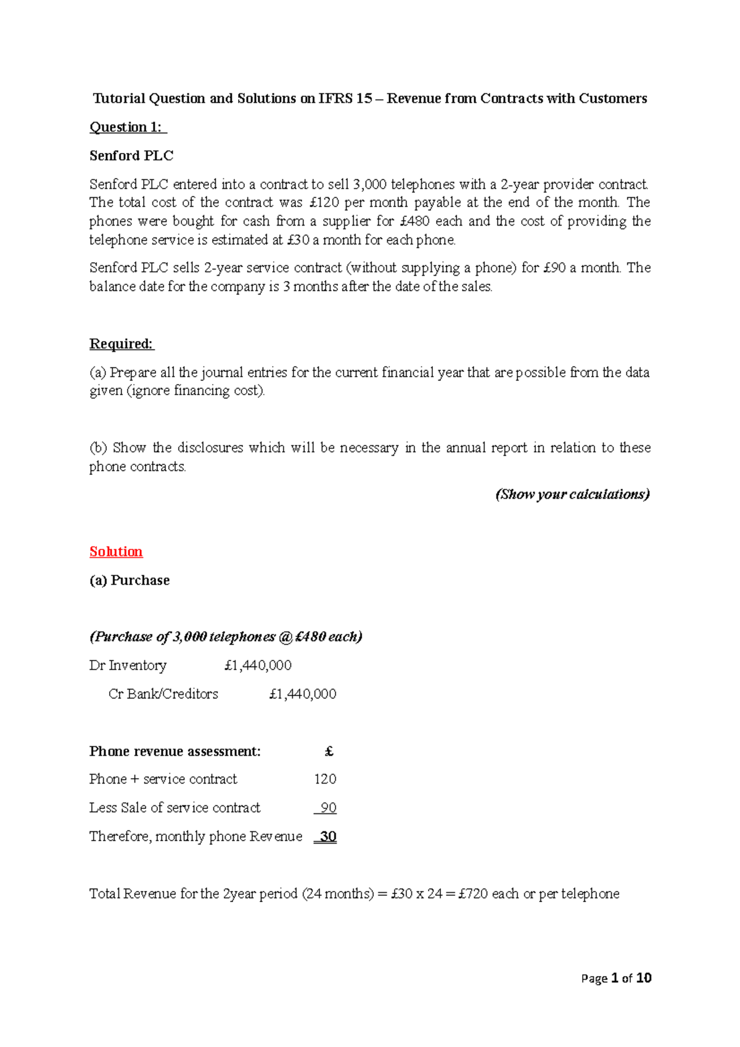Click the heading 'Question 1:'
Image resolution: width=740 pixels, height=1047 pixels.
127,127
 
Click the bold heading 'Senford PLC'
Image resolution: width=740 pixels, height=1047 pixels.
131,155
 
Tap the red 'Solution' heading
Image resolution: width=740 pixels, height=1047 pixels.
116,551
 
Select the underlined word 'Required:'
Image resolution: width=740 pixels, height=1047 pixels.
121,343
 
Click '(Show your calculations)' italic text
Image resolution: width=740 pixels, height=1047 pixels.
573,495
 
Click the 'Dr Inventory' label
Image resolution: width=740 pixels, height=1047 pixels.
128,665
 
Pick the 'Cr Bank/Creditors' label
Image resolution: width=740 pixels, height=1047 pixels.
163,694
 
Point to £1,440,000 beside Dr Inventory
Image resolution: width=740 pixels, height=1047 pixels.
258,665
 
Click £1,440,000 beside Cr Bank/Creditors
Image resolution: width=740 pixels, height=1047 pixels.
303,694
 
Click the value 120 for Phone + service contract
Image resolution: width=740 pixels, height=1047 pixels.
325,779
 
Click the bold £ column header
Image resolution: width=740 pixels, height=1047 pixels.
329,751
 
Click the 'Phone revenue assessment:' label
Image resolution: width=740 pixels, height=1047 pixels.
175,751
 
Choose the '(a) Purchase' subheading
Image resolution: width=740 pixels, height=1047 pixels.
129,580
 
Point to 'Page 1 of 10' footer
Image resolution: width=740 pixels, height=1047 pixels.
616,978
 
